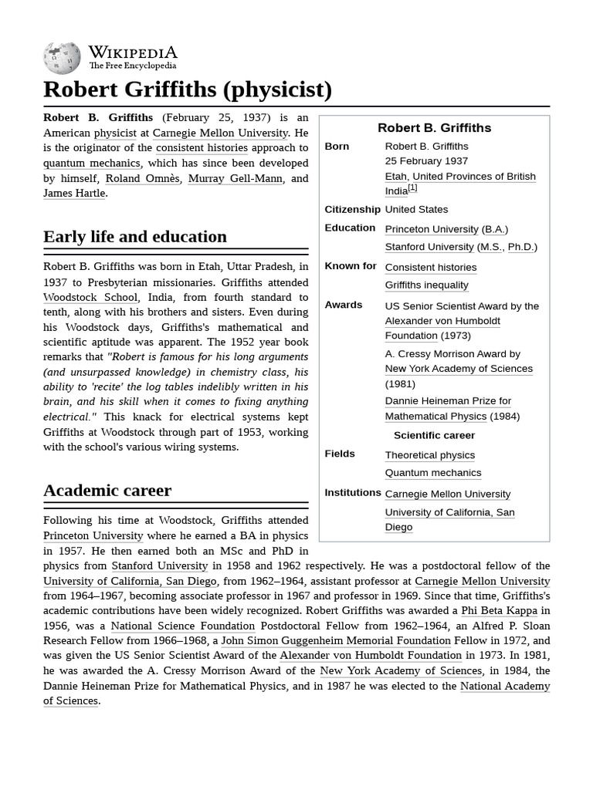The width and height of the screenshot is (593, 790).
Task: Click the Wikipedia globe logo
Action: point(62,58)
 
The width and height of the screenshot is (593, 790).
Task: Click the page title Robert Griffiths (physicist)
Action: point(188,89)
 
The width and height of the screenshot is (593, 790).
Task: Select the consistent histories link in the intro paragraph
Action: point(202,147)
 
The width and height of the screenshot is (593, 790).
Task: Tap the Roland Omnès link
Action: point(142,178)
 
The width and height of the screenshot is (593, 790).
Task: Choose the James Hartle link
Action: point(74,193)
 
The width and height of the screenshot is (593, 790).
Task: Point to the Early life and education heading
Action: point(135,236)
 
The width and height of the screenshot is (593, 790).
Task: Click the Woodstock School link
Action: point(90,297)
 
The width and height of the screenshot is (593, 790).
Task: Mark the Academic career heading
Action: point(107,490)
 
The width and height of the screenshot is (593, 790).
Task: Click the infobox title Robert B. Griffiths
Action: point(434,128)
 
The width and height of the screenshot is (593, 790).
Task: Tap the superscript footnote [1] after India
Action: point(412,187)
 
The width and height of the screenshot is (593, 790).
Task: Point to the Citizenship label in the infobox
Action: point(352,209)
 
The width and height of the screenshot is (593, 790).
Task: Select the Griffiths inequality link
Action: point(426,285)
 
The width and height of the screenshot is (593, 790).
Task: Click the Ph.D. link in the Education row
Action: point(520,247)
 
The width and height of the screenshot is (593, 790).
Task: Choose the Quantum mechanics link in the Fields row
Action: point(432,473)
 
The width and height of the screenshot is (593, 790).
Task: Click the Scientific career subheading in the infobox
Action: point(434,435)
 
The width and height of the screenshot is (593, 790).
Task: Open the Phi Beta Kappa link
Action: point(499,610)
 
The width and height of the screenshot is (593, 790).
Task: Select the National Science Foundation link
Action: point(182,626)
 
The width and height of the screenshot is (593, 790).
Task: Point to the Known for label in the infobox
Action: point(351,266)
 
